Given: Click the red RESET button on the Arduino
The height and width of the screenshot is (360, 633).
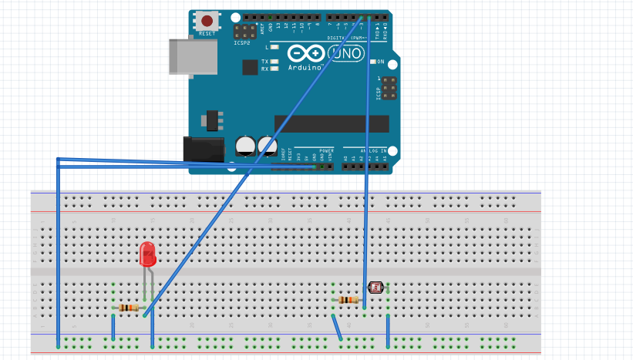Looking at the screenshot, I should [x=207, y=21].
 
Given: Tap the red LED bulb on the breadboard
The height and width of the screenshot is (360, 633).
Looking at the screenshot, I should [x=147, y=254].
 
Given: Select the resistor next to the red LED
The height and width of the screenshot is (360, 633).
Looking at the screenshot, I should [x=129, y=308].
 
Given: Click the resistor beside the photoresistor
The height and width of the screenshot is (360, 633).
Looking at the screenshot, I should [x=348, y=300].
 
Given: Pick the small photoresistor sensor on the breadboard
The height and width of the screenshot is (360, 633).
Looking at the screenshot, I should [x=375, y=288].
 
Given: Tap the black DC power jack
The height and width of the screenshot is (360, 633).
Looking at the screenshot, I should [x=197, y=150].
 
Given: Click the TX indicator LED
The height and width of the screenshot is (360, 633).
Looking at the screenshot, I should [x=274, y=61].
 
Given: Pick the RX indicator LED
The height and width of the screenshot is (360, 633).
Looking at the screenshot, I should [x=274, y=69].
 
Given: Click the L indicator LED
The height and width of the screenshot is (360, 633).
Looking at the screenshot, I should [x=274, y=47].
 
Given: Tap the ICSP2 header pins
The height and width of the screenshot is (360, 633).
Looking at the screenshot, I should [x=246, y=32].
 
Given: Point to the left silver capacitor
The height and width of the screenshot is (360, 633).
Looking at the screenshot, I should [x=246, y=145].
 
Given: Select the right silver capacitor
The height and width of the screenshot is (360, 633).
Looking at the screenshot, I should [x=268, y=145].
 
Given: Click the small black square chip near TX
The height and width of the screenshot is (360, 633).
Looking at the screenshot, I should [x=250, y=67].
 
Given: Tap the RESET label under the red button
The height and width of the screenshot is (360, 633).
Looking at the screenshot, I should [x=207, y=34].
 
